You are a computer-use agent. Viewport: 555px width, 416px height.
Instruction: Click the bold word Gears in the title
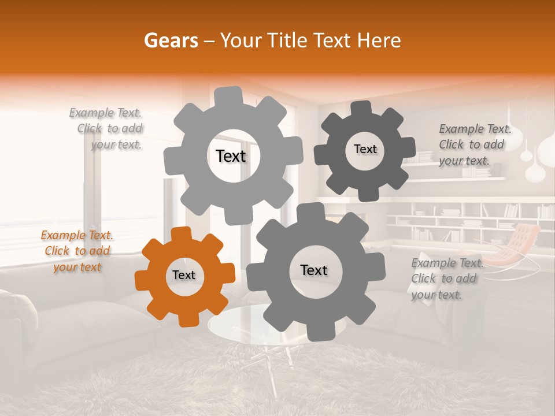pos(171,40)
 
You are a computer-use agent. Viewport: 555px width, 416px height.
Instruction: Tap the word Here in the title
pos(380,40)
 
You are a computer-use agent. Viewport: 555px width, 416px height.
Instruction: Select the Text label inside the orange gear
pos(184,276)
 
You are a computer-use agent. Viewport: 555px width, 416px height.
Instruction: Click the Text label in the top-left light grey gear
pos(231,156)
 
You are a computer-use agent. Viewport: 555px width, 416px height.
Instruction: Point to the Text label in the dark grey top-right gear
pos(365,149)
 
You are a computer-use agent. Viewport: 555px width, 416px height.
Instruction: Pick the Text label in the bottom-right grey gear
pos(314,270)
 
